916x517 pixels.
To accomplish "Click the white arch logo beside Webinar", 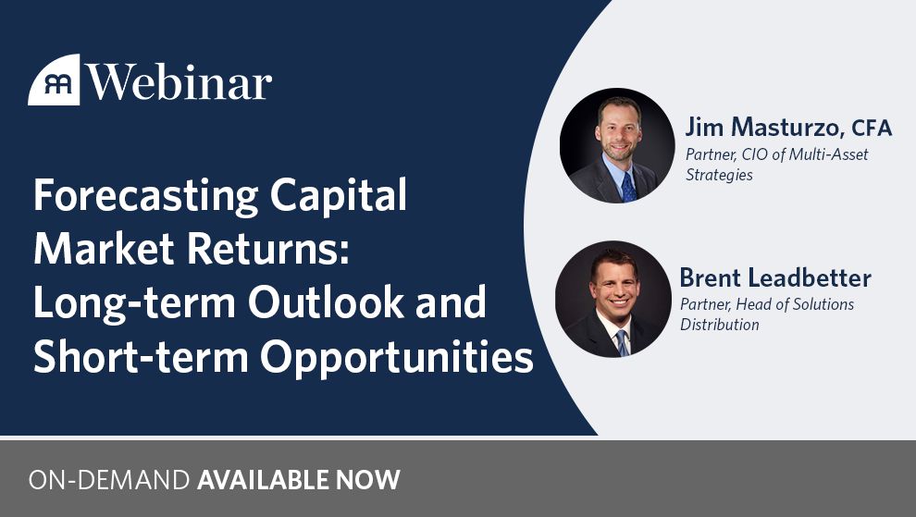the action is (54, 80).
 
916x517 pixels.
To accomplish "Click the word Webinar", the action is (179, 82).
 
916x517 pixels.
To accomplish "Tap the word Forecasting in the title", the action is (146, 196).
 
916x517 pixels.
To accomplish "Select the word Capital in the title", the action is (339, 196).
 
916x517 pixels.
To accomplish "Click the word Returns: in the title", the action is (268, 248).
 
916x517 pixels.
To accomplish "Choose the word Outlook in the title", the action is (326, 302).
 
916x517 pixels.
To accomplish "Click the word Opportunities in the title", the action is (397, 358).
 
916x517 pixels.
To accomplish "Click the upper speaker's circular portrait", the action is (617, 145).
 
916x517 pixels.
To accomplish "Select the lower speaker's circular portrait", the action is (613, 299).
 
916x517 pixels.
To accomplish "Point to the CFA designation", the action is (872, 128).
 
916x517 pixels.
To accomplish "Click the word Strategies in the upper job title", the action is (719, 175).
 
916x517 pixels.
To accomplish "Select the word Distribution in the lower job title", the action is (720, 325).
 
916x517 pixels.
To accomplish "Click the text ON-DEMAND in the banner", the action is (109, 480).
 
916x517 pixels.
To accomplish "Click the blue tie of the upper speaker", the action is (628, 188).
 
